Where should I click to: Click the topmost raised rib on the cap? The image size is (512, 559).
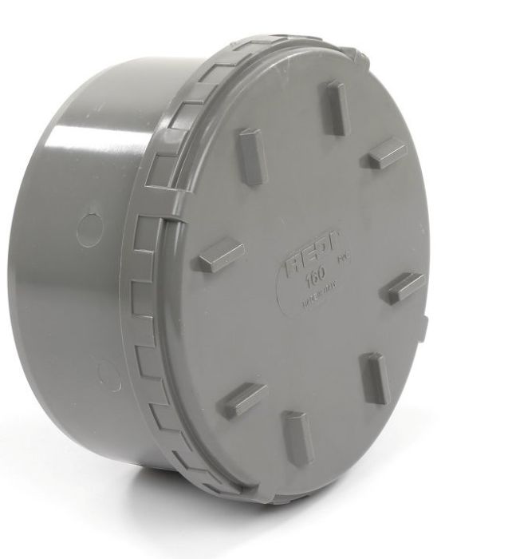pyautogui.click(x=336, y=106)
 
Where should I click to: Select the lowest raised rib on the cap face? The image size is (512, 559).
pyautogui.click(x=298, y=438)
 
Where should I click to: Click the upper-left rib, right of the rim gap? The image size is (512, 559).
pyautogui.click(x=251, y=157)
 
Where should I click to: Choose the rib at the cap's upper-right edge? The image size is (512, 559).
pyautogui.click(x=387, y=153)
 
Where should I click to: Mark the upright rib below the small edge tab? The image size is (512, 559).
pyautogui.click(x=375, y=378)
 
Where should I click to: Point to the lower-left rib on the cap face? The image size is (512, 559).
pyautogui.click(x=242, y=399)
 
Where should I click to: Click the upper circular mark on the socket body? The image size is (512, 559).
pyautogui.click(x=89, y=228)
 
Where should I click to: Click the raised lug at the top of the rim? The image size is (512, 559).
pyautogui.click(x=352, y=53)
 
